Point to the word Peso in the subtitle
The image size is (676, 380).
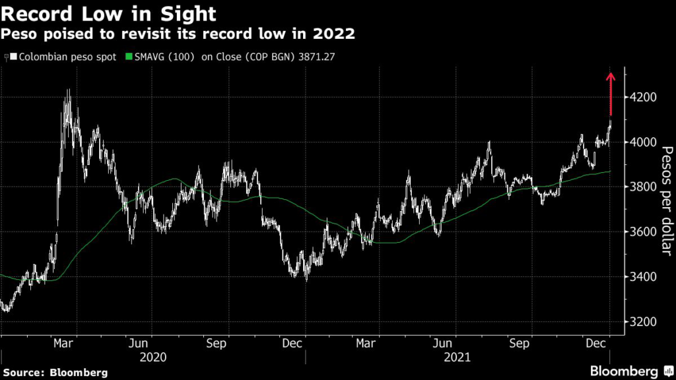click(x=18, y=34)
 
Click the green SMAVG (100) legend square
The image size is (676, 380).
click(x=129, y=57)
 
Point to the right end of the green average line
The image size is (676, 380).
click(x=610, y=172)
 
